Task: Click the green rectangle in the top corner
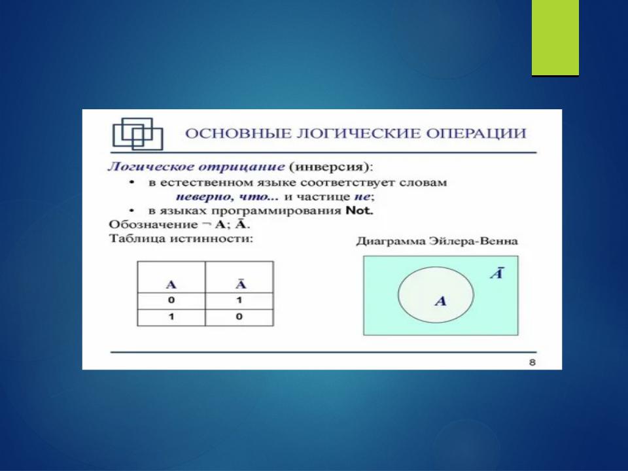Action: (555, 38)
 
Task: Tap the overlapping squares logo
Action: (138, 133)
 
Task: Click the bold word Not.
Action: (359, 210)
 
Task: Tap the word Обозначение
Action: (153, 224)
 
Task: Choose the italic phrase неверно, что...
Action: (222, 197)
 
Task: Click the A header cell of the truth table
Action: (171, 277)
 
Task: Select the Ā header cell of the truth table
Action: (239, 277)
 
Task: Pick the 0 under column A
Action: (171, 300)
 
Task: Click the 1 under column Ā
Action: (239, 300)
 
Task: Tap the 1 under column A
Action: (171, 317)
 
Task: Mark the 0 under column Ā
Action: (239, 317)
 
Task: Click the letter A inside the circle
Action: (441, 301)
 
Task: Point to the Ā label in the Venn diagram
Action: (497, 273)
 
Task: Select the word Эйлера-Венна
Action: (474, 241)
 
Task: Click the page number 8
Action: (532, 362)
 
